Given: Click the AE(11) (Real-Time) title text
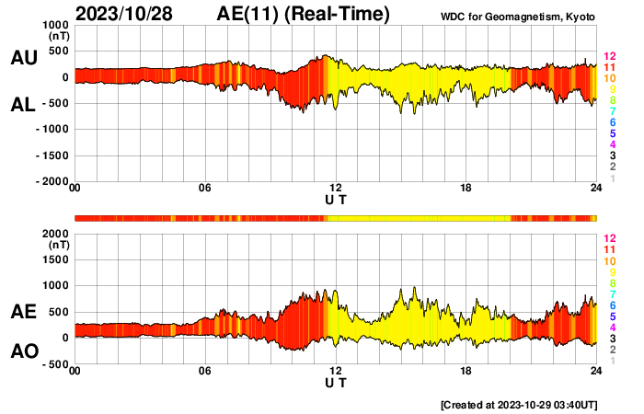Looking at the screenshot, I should (303, 14).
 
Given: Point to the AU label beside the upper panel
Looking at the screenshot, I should (23, 58).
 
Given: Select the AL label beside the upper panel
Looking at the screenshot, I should (23, 105).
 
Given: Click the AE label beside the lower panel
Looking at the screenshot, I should (23, 312).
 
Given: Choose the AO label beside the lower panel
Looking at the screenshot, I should (23, 351).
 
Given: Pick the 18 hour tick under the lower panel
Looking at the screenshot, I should (466, 372).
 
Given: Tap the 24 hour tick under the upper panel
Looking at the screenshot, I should (596, 189).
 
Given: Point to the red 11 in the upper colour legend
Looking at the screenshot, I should (609, 68).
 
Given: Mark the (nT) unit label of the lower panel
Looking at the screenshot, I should (55, 246).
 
